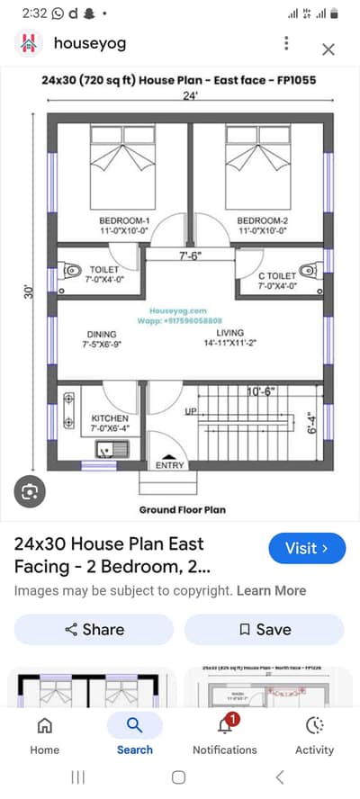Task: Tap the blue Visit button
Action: [x=307, y=547]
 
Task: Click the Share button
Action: [x=94, y=629]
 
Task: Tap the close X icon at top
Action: [x=328, y=49]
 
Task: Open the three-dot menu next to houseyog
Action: [x=286, y=43]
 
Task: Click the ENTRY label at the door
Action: [x=169, y=466]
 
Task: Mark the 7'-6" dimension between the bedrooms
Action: [x=190, y=255]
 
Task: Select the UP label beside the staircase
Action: [x=191, y=411]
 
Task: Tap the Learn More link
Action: [x=271, y=590]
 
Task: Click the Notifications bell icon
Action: [x=224, y=725]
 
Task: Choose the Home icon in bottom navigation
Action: [x=44, y=725]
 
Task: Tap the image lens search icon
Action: [x=31, y=491]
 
